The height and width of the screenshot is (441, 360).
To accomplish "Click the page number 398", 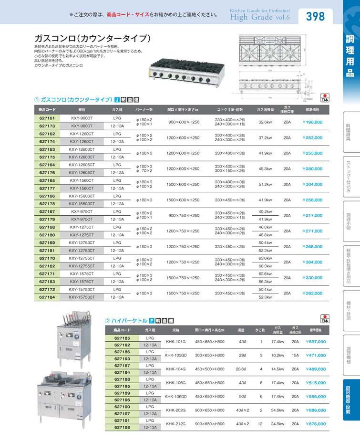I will (x=315, y=17).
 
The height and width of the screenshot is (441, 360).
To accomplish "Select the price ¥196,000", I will (x=312, y=122).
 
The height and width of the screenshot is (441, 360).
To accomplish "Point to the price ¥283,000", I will (x=312, y=293).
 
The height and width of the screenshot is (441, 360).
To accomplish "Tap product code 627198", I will (x=123, y=427).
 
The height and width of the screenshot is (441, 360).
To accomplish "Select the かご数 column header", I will (x=261, y=330).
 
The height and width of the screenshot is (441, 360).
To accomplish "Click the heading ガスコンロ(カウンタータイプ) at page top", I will (x=93, y=38).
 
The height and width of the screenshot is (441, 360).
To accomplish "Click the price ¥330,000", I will (x=312, y=278).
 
